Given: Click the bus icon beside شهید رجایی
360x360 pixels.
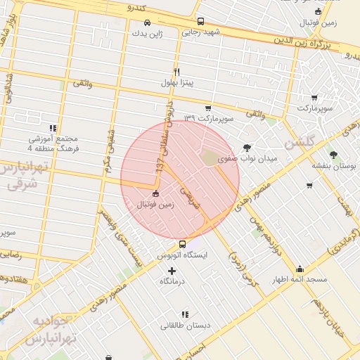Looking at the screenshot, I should click(x=200, y=21).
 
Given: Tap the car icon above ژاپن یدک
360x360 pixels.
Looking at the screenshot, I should click(x=146, y=22).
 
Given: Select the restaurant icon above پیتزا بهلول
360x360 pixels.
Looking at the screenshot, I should click(x=176, y=72).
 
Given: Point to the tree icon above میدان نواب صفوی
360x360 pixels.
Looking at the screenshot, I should click(x=247, y=148).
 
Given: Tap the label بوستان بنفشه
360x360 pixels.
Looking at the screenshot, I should click(x=333, y=166).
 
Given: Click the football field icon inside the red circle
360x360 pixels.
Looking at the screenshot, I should click(x=155, y=194).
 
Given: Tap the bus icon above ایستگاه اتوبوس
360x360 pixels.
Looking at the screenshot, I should click(x=183, y=245).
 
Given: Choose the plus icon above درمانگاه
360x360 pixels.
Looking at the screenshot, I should click(x=172, y=271).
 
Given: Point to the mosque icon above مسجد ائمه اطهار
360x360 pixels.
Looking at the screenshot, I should click(x=300, y=269).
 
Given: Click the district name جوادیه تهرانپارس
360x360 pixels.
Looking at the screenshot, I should click(x=51, y=330).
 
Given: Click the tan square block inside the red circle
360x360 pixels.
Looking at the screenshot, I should click(x=210, y=157).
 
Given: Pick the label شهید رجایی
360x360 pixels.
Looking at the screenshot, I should click(x=201, y=32).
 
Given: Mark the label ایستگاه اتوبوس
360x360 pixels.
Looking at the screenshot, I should click(x=183, y=255).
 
